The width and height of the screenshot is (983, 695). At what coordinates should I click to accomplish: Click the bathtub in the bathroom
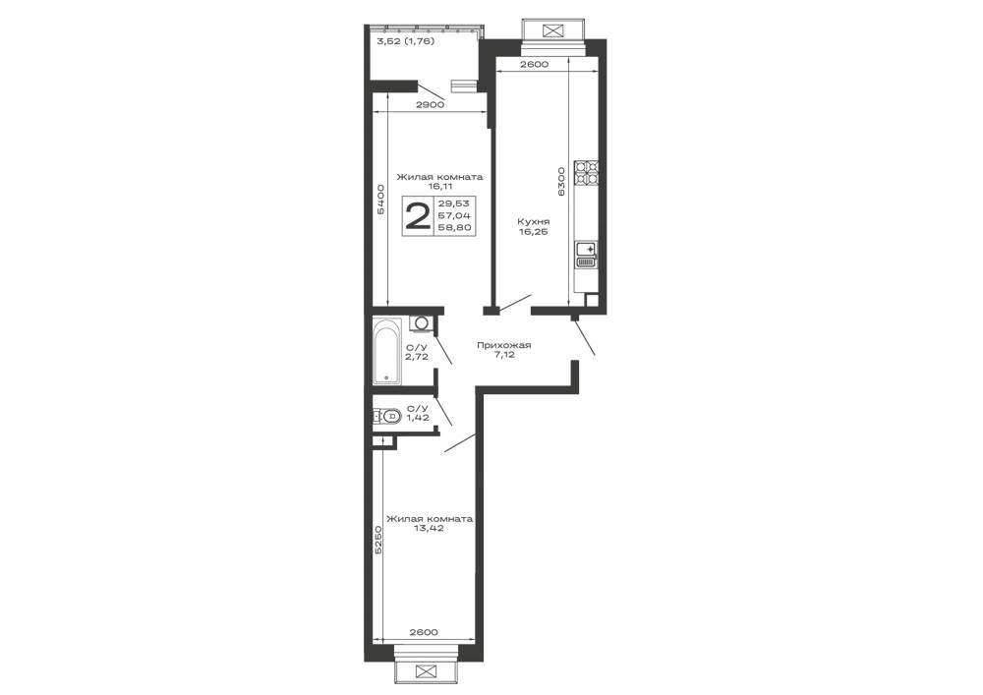[386, 350]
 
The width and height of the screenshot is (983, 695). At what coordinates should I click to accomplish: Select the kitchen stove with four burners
[588, 174]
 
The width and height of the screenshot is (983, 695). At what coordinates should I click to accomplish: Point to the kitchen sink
[588, 256]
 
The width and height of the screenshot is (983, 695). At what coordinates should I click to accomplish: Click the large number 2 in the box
[418, 216]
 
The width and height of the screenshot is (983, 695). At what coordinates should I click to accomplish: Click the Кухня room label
[534, 222]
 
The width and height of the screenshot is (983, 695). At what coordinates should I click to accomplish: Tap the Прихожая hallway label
[504, 345]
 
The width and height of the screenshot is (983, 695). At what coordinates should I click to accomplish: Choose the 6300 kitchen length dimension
[561, 181]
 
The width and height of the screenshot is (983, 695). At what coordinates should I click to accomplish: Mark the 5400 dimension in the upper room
[379, 200]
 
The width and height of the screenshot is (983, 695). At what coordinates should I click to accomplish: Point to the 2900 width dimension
[431, 104]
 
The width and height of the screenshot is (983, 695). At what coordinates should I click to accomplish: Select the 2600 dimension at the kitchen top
[534, 64]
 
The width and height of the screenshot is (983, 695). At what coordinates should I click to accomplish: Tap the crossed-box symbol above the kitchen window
[552, 30]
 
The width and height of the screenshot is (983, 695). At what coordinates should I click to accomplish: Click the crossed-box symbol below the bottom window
[427, 671]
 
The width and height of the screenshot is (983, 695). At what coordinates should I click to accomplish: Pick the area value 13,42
[430, 528]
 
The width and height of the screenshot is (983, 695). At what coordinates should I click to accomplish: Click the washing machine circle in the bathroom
[422, 323]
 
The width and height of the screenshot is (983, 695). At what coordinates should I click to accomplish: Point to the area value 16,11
[439, 186]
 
